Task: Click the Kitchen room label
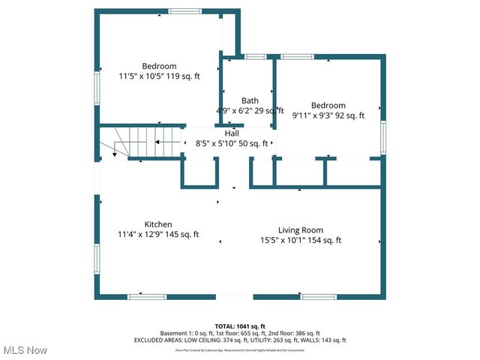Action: click(x=158, y=224)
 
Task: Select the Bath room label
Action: click(x=250, y=100)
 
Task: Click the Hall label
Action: click(x=232, y=133)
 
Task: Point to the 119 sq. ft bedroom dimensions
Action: click(x=158, y=76)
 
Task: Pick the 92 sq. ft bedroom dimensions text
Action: click(x=328, y=115)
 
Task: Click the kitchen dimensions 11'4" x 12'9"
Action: click(x=158, y=235)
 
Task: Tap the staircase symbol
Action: click(x=142, y=142)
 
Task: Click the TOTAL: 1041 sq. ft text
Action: click(x=240, y=326)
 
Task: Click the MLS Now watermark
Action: click(x=24, y=350)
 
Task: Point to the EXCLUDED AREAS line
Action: click(x=240, y=340)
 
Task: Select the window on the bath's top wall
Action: click(x=255, y=56)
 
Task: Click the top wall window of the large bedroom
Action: click(x=184, y=11)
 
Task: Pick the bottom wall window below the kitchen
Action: click(x=147, y=297)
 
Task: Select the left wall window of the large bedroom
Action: click(x=96, y=85)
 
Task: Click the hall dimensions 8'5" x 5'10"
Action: click(x=232, y=143)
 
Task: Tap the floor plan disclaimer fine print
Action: click(x=240, y=349)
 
